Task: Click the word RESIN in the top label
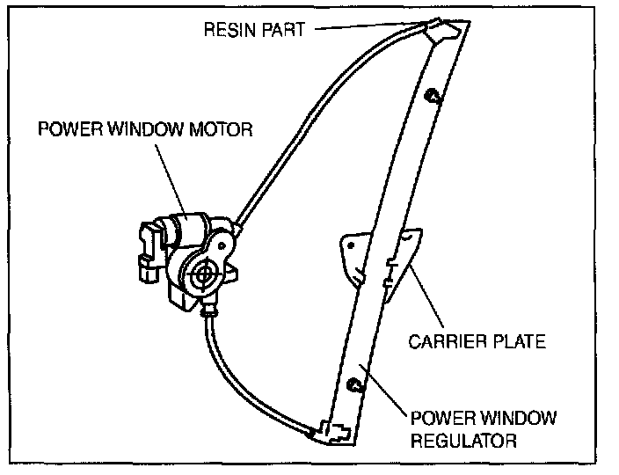(229, 30)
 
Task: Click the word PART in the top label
(283, 30)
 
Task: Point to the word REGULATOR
(464, 440)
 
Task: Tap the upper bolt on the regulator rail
(432, 96)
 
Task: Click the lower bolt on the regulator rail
(353, 384)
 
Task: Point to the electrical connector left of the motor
(149, 252)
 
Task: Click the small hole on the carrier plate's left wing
(351, 245)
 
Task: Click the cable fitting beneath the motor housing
(209, 309)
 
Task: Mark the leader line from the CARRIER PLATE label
(426, 297)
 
